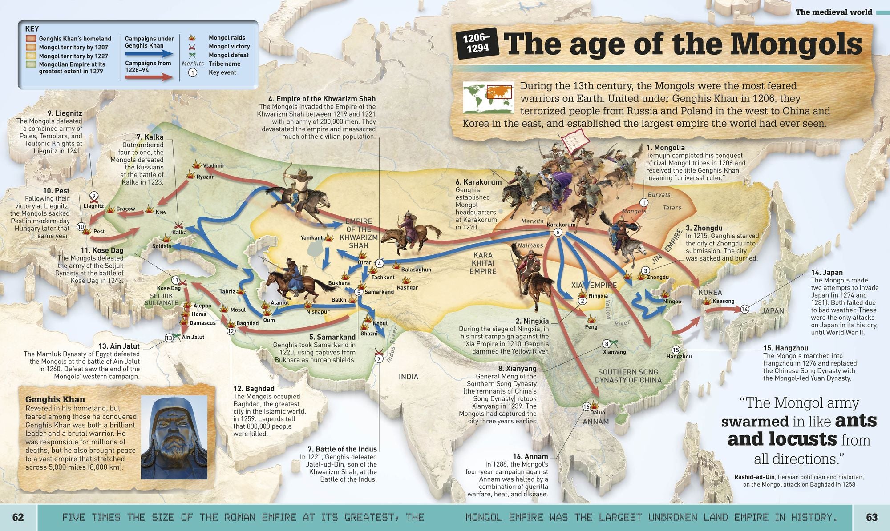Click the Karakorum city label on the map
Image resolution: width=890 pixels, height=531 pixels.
[x=561, y=225]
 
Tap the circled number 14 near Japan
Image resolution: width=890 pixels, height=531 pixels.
[x=744, y=309]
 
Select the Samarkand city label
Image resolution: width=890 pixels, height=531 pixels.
[x=379, y=292]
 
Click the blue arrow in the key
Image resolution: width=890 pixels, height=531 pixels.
[x=149, y=54]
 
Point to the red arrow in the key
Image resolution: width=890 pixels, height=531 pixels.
[x=149, y=77]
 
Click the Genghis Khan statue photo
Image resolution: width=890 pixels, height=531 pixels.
[x=174, y=437]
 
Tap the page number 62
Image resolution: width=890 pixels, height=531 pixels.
[x=18, y=517]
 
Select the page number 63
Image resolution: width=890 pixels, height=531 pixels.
[x=871, y=517]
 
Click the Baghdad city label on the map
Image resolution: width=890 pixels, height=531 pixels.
[x=247, y=323]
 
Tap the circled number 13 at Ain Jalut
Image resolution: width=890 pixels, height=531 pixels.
[x=169, y=338]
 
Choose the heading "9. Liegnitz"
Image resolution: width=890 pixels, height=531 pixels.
[x=65, y=113]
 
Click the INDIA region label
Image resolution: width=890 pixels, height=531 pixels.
[x=408, y=377]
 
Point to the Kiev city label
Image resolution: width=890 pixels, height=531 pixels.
[x=161, y=212]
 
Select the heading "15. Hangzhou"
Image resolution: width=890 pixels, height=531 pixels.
[x=785, y=348]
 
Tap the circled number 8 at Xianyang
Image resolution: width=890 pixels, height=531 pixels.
[x=606, y=344]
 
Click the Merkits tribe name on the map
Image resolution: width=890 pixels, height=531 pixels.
[x=532, y=221]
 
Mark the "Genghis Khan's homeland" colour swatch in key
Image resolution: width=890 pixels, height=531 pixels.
[x=31, y=39]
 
